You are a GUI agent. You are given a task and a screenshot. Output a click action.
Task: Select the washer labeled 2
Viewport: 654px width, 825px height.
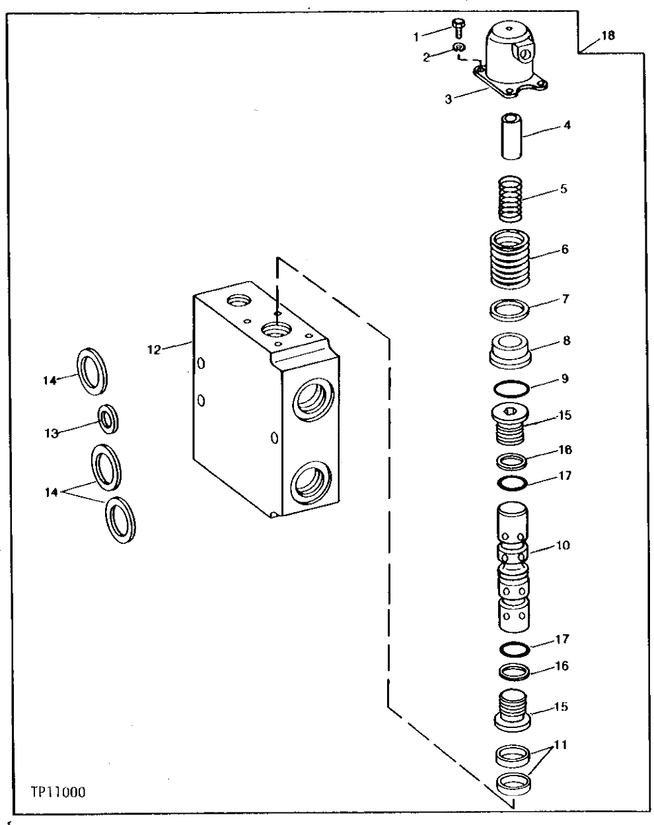coord(459,47)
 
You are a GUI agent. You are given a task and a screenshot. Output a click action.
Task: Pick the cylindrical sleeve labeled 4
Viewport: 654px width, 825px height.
coord(511,136)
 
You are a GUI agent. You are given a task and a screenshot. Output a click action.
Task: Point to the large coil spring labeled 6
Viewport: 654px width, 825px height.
coord(510,257)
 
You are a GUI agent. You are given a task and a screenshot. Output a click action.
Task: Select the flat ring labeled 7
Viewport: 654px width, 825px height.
coord(510,309)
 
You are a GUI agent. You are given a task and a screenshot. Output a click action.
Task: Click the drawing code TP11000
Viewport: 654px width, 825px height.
coord(57,791)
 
